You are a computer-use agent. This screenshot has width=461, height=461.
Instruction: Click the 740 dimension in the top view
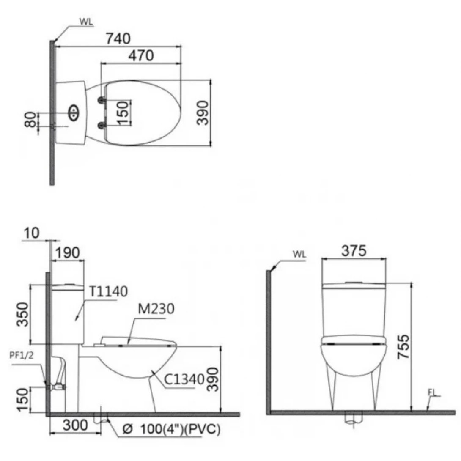118,38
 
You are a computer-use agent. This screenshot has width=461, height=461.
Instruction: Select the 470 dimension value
141,56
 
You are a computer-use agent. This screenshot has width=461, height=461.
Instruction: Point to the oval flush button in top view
73,112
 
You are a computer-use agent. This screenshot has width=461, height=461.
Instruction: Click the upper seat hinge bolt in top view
102,100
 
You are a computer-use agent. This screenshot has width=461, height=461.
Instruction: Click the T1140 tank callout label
108,291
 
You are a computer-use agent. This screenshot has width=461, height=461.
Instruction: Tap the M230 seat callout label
154,310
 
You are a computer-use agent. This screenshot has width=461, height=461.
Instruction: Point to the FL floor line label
431,393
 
